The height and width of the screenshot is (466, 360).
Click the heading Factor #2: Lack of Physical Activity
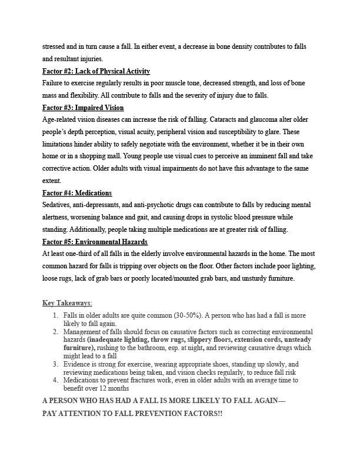click(96, 71)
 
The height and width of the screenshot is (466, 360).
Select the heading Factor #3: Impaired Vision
click(83, 108)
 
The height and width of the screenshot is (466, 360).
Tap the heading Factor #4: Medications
click(77, 193)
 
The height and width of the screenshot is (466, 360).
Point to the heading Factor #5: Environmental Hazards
click(95, 242)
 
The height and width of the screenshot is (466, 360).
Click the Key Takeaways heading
click(67, 303)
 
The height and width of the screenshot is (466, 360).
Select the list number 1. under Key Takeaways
click(56, 315)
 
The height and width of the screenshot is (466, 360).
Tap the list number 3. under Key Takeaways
click(56, 365)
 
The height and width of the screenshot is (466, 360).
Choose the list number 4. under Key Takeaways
click(56, 381)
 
